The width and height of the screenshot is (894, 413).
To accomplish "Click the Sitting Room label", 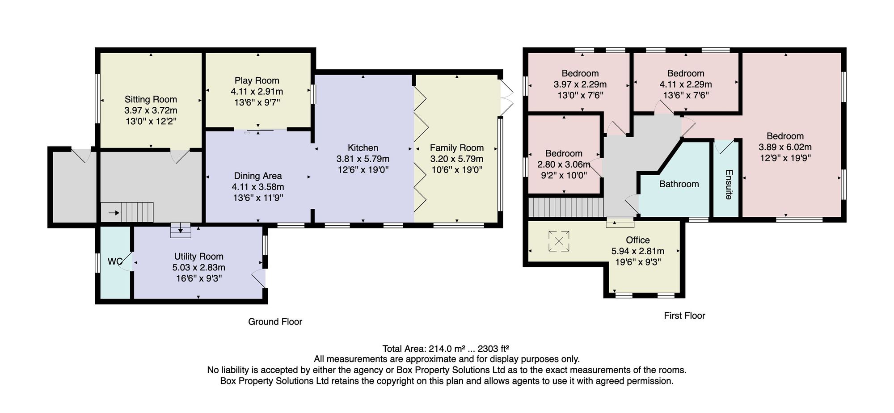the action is point(151,99).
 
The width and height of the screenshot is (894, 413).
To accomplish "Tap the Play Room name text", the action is point(257,80).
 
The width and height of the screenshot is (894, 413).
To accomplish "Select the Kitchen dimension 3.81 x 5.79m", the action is point(363,159).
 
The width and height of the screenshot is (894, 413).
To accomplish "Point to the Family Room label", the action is point(457,147).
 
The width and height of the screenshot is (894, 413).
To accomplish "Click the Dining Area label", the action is point(258,176).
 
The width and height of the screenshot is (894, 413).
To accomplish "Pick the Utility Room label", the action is point(199,257).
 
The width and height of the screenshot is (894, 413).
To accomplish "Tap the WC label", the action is point(115,261).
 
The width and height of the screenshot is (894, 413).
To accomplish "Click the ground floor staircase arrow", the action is point(114,213).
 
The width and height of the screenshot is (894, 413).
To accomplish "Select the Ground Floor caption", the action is point(275,322).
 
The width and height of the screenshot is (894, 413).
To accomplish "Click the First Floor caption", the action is point(684,316).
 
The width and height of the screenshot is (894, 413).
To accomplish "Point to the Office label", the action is point(638,240).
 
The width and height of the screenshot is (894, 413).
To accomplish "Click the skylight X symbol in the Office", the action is point(559,241).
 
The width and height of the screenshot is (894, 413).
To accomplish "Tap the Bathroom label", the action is point(679,184).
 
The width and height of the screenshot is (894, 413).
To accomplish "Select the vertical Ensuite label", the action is point(729,184).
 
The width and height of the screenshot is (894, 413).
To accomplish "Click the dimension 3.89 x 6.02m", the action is point(785,147).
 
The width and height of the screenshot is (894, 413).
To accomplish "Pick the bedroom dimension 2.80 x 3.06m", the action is point(564,164).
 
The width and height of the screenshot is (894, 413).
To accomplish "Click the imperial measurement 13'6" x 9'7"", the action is point(257,102).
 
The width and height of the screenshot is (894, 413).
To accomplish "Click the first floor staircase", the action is point(566,208).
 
